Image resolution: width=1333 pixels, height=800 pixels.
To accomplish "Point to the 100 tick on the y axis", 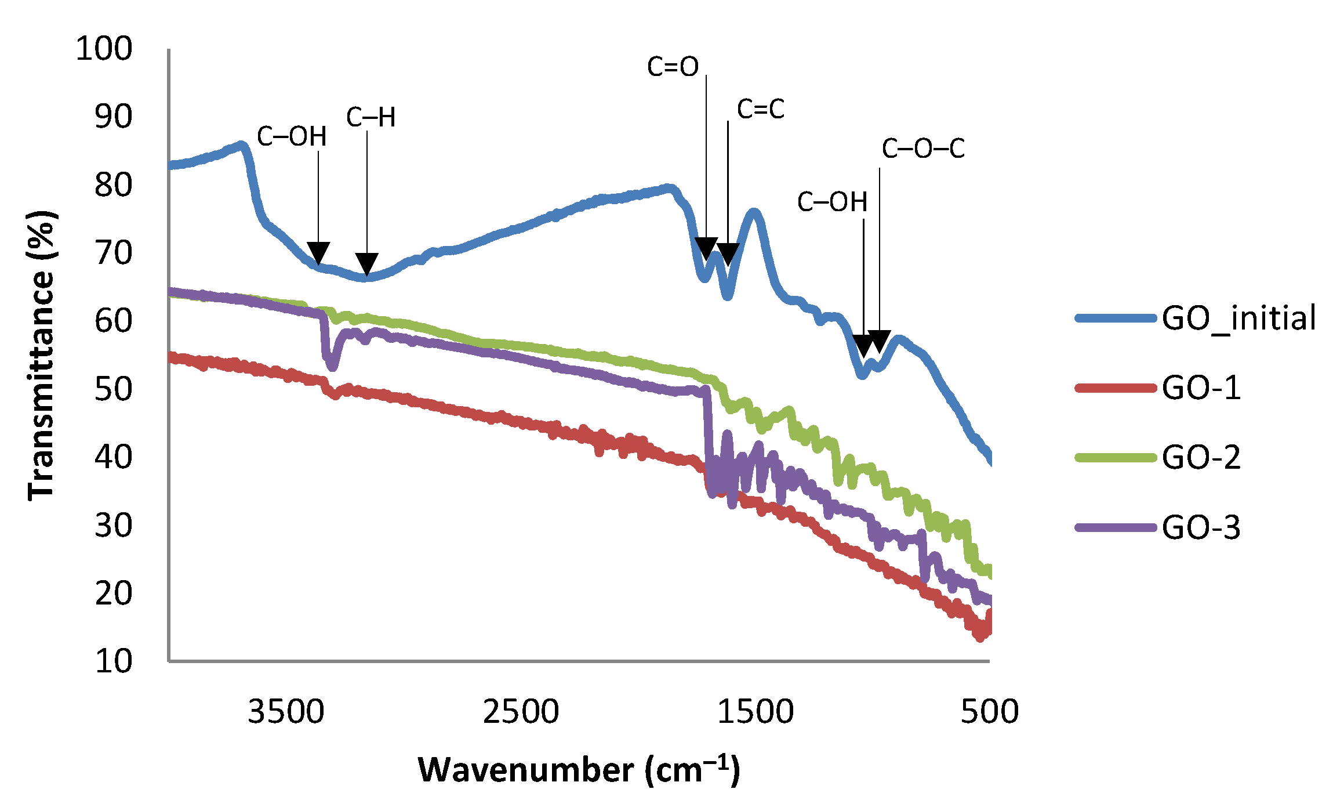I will [104, 49].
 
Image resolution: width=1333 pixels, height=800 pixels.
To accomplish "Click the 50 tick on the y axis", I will [114, 389].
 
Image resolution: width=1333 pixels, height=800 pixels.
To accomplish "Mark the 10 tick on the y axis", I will [114, 661].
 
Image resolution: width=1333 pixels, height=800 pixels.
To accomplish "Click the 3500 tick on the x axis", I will [286, 712].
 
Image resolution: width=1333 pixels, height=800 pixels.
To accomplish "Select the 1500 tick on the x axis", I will [755, 712].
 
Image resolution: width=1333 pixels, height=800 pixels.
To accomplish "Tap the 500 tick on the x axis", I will [989, 712].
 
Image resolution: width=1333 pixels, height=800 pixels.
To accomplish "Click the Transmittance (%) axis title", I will [42, 355].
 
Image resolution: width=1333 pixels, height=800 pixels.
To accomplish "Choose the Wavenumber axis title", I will [579, 770].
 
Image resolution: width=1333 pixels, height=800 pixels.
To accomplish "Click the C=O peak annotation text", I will [673, 67].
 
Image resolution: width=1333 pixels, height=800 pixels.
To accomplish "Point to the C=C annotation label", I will [760, 109].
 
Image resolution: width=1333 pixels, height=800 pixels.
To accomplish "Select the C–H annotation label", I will [371, 118].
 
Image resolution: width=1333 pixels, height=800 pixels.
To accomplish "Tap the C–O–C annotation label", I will [923, 149].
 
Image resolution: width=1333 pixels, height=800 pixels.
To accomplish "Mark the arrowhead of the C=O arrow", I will [706, 248].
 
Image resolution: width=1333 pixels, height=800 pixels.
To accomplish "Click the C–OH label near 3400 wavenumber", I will [292, 137].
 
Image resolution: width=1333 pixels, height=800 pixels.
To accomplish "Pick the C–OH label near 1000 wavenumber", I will [832, 202].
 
